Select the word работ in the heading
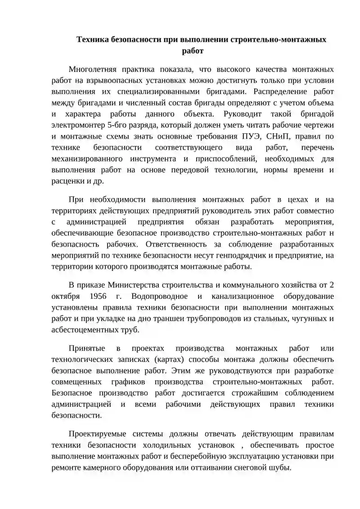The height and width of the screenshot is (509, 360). (x=193, y=51)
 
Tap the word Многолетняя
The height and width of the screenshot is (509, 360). (x=93, y=69)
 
